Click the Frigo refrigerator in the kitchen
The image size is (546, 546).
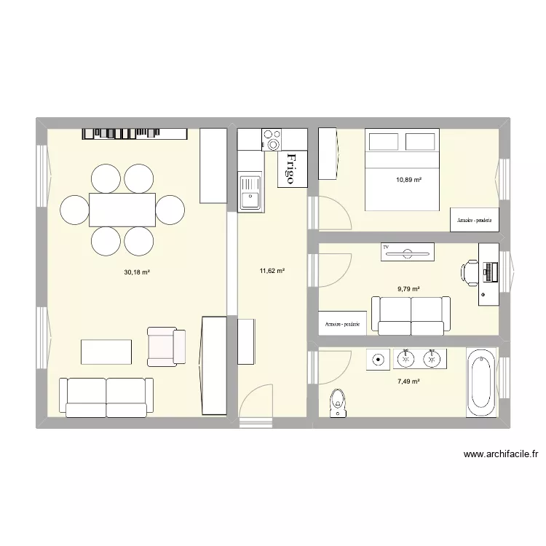point(291,168)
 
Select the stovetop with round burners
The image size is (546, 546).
point(272,139)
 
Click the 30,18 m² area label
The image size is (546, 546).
point(136,272)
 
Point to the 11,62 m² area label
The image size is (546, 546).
point(272,271)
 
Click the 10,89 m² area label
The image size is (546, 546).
point(408,180)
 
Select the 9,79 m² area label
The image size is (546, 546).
point(408,288)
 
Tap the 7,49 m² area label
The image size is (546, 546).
point(408,381)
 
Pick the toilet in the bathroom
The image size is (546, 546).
point(337,403)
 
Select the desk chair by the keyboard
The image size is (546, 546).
point(468,272)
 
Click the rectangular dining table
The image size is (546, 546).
point(122,210)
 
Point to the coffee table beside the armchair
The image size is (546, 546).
point(106,352)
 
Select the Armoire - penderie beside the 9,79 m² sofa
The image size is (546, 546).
point(342,324)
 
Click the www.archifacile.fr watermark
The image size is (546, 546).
point(501,455)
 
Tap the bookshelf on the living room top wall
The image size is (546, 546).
point(135,133)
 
